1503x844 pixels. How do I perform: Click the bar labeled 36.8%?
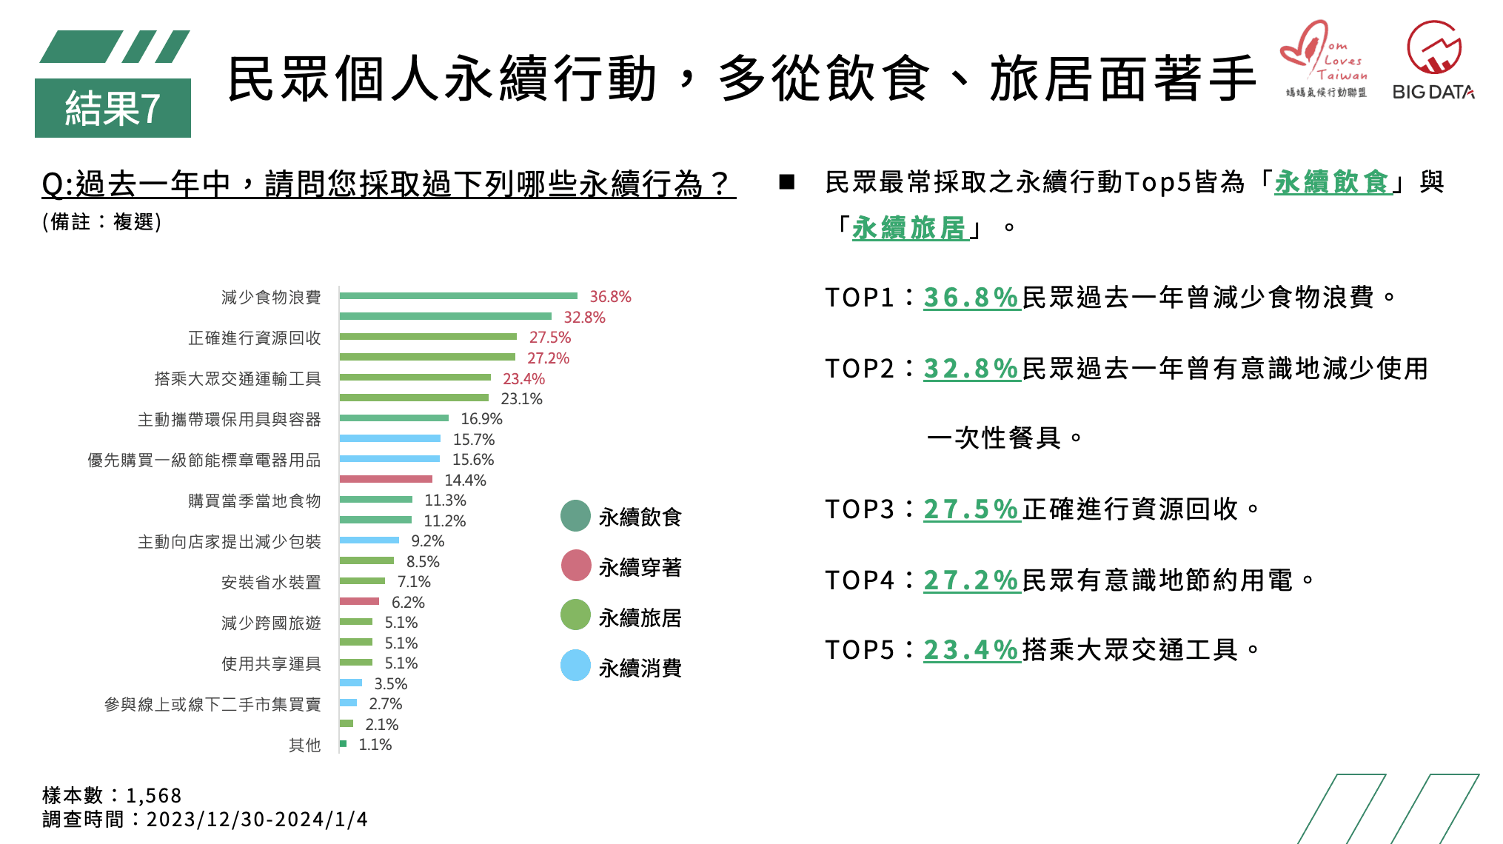(x=458, y=296)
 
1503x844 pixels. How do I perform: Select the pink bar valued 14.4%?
(x=386, y=480)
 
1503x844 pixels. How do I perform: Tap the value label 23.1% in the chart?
(x=521, y=399)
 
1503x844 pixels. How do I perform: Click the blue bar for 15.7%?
(x=390, y=439)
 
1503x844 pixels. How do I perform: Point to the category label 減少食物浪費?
(x=271, y=298)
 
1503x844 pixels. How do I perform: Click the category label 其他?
(x=304, y=746)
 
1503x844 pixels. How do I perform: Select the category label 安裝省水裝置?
(x=271, y=583)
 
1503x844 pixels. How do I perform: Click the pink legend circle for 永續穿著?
(x=576, y=566)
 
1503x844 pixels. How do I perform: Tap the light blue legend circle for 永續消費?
(x=575, y=666)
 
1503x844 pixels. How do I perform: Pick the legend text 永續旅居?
(x=640, y=617)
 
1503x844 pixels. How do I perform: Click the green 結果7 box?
(x=113, y=108)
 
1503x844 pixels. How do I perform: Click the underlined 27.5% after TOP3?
(x=971, y=509)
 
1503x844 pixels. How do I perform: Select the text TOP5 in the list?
(x=860, y=650)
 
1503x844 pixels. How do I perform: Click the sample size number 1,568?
(x=154, y=796)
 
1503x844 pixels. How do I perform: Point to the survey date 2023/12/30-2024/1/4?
(x=257, y=820)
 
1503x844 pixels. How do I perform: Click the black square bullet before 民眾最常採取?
(x=787, y=182)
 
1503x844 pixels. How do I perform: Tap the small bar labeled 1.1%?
(x=343, y=743)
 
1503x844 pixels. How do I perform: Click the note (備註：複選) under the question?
(x=101, y=222)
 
